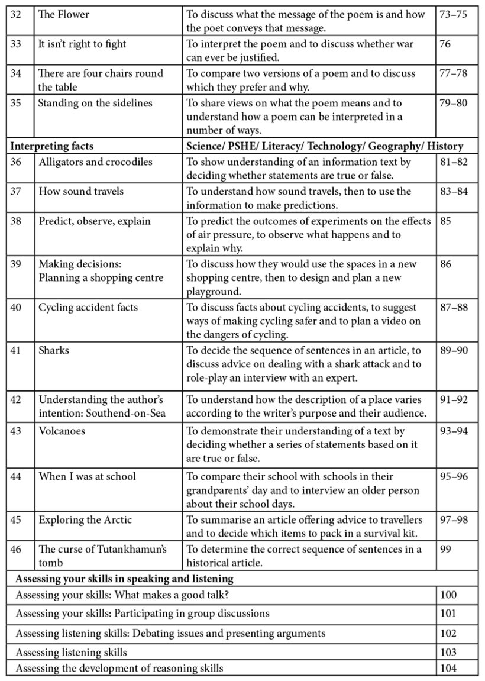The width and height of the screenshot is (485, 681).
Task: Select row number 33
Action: click(16, 44)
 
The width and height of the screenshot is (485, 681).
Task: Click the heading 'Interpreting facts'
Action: click(53, 146)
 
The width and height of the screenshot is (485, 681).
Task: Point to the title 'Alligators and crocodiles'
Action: click(96, 162)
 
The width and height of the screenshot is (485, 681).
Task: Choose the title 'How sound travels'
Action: click(82, 192)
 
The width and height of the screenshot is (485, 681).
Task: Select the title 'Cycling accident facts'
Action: click(89, 308)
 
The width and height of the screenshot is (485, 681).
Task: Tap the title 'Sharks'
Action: click(54, 350)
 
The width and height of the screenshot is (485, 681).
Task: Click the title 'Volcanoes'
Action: click(62, 431)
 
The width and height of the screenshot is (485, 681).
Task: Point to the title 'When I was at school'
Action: click(88, 476)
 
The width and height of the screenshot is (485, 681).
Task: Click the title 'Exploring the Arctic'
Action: click(86, 520)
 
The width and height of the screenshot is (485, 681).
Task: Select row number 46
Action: click(16, 550)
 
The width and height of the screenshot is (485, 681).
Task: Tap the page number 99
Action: click(445, 550)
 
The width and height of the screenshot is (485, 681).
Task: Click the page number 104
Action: click(448, 669)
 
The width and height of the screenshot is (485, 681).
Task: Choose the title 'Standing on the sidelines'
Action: click(95, 103)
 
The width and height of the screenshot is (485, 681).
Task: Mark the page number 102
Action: click(448, 634)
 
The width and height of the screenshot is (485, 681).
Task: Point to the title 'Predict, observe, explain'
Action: click(95, 221)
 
